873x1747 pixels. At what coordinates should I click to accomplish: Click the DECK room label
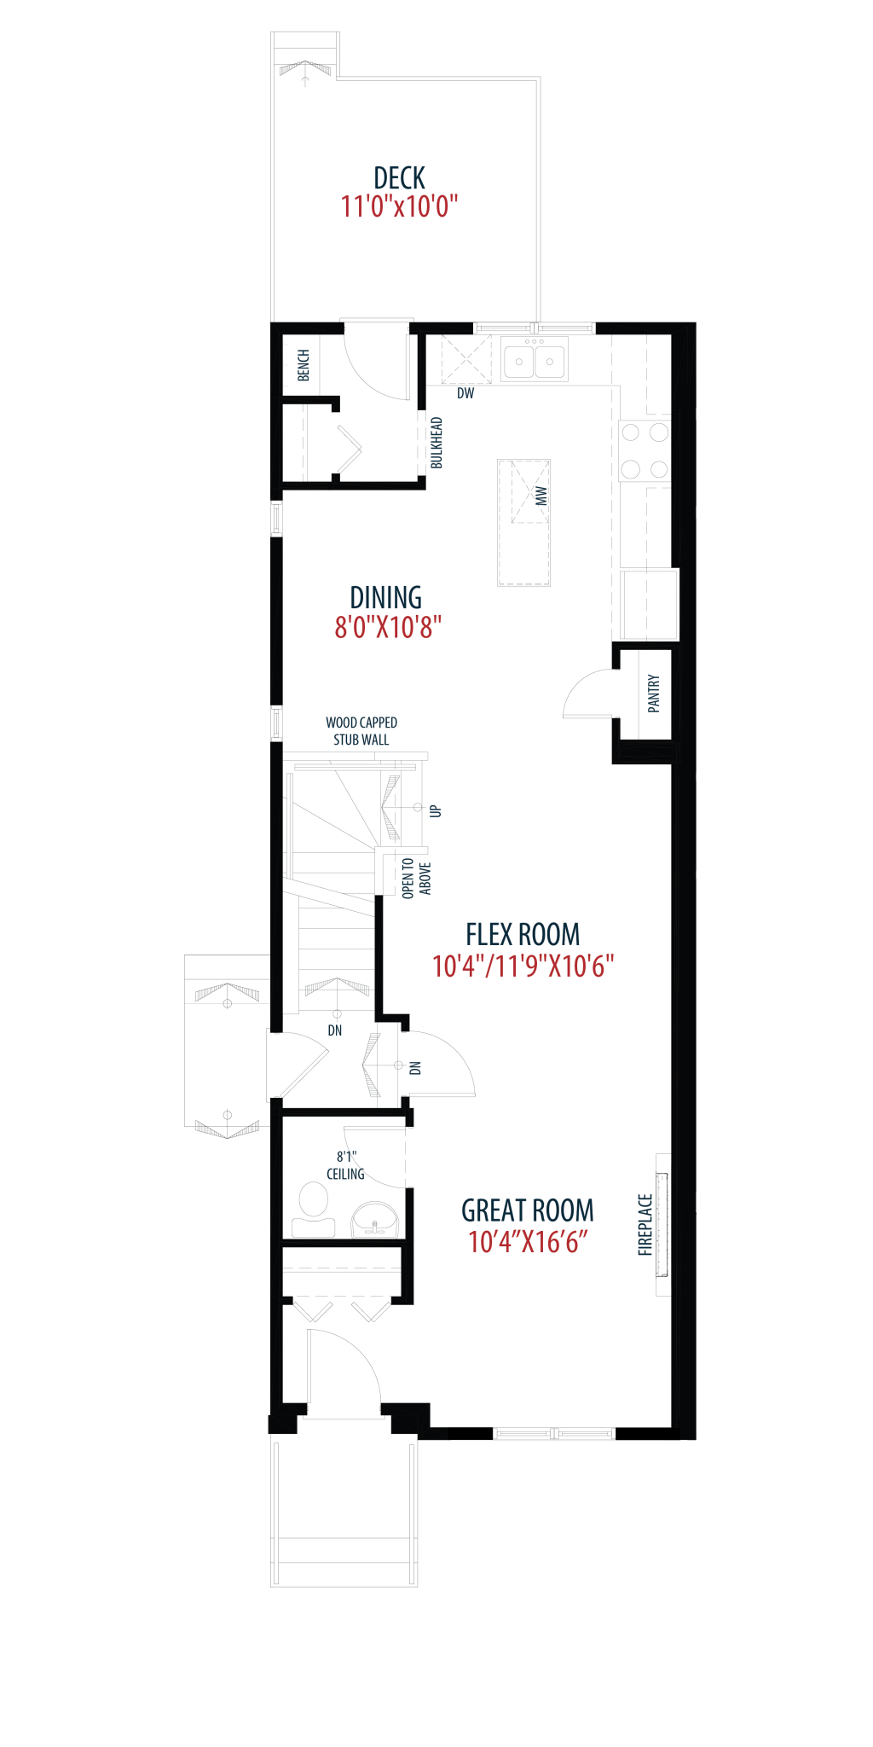[399, 178]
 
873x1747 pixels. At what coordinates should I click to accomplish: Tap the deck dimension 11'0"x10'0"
[399, 206]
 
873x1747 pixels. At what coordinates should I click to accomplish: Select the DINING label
[386, 598]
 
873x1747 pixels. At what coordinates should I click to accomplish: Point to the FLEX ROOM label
[523, 935]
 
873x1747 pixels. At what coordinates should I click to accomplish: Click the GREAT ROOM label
[528, 1210]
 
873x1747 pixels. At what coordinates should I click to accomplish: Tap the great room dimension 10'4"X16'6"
[528, 1242]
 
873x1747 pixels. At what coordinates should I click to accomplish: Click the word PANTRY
[654, 694]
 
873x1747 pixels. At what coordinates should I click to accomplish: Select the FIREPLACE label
[645, 1225]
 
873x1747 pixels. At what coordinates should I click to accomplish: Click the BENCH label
[304, 365]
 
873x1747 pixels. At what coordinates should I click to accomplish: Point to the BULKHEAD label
[436, 443]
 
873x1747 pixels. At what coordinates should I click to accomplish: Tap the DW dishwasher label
[465, 393]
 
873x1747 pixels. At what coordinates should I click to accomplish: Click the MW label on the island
[541, 496]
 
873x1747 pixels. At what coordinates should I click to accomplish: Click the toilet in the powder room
[313, 1210]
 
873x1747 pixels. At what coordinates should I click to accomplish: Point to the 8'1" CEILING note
[345, 1165]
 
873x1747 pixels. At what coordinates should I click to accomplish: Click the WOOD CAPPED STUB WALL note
[361, 731]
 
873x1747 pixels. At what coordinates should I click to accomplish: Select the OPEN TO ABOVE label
[416, 879]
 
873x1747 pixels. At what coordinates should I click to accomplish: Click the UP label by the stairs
[436, 811]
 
